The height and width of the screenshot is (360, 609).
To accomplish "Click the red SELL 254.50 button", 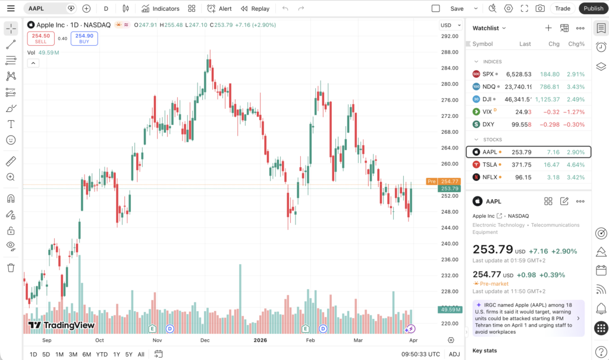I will coord(40,38).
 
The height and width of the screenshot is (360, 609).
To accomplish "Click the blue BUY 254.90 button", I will coord(84,38).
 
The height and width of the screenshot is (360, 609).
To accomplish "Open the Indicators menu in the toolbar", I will coord(160,8).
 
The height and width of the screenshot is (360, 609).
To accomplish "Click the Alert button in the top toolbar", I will coord(219,8).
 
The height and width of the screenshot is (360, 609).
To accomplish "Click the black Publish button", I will coord(593,8).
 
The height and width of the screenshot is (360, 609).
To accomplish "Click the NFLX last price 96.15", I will coord(523,177).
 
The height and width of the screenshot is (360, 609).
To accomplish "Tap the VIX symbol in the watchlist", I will coord(487,111).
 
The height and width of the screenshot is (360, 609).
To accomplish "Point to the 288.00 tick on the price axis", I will coord(449,52).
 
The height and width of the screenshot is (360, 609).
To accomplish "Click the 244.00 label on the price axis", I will coord(449,228).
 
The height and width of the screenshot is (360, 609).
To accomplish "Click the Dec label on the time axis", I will coord(205,340).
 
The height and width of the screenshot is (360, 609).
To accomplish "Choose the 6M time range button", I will coord(86,354).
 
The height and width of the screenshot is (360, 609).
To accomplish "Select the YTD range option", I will coord(102,354).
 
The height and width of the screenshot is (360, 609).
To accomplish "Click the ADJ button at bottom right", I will coord(454,354).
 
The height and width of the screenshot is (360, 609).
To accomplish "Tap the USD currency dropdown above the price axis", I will coord(450,25).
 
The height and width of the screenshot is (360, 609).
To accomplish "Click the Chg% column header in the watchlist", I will coord(576,43).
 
